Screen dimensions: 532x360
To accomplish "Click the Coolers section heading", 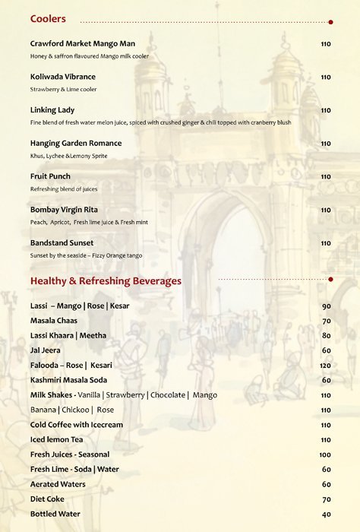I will coord(48,19).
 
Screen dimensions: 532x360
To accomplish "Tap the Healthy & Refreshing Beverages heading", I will coord(106,281).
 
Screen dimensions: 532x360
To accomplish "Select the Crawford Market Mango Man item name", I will coord(83,43).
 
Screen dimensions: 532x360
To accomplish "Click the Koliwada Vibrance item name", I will coord(63,77).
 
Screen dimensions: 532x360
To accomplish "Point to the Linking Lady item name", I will coord(52,110).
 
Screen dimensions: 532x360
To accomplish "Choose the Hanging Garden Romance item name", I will coord(76,143).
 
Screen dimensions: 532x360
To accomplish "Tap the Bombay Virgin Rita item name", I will coord(65,210).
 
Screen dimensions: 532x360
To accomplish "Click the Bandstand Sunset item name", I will coord(62,243).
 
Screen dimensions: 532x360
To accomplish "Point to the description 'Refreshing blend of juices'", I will coord(64,189).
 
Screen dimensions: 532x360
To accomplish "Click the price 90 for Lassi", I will coord(327,306).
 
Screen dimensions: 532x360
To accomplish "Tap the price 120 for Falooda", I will coord(326,366).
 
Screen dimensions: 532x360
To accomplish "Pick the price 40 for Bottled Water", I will coord(327,515).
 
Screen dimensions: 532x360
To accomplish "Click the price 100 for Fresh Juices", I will coord(326,454).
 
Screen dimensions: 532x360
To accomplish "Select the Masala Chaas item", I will coord(54,321).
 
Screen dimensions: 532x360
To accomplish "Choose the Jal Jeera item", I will coord(46,350).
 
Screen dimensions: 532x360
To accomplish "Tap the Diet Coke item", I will coord(47,499).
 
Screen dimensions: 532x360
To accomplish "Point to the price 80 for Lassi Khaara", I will coord(327,336).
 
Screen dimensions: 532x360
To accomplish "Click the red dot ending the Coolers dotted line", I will coord(330,22).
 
